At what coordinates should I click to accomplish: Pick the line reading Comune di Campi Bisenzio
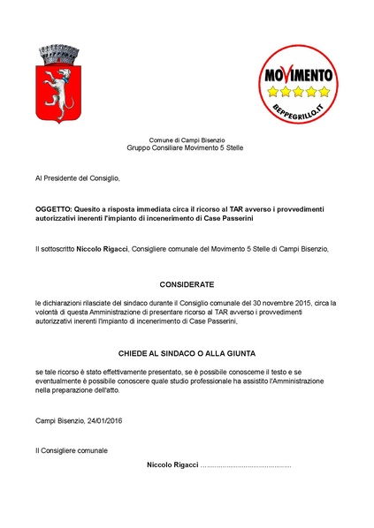[187, 140]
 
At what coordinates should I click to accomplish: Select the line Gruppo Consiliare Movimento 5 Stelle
[187, 147]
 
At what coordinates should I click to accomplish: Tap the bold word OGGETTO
[55, 208]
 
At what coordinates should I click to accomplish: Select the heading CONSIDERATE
[187, 285]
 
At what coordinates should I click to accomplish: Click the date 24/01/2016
[104, 419]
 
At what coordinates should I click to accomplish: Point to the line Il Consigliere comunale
[72, 450]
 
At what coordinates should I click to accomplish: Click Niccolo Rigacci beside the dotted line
[172, 464]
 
